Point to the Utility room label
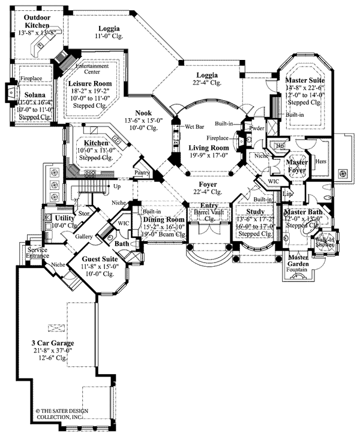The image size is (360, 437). pyautogui.click(x=64, y=218)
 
